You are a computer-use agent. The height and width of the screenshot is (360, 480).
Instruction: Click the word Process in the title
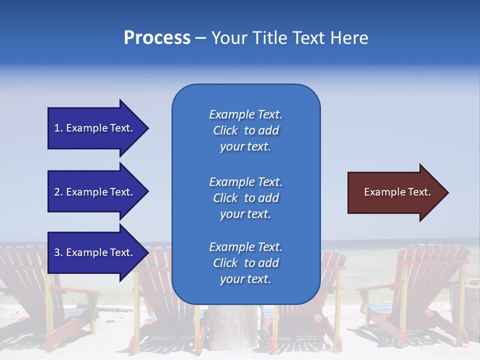tap(157, 38)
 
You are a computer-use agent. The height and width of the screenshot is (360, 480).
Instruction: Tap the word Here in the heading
tap(349, 38)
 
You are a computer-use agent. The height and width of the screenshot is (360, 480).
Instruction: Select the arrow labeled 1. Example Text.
tap(95, 128)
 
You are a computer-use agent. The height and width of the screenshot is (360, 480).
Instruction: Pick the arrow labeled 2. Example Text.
tap(95, 192)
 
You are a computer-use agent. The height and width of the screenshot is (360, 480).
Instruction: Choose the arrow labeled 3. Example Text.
tap(95, 252)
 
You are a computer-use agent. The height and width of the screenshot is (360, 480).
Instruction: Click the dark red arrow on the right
tap(395, 192)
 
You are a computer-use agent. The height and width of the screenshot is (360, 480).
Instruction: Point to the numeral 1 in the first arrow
tap(57, 128)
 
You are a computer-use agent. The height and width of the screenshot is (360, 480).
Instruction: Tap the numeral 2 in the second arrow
tap(57, 192)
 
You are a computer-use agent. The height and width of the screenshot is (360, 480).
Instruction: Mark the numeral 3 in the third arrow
tap(57, 252)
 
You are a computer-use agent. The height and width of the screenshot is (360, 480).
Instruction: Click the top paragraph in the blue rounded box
tap(245, 130)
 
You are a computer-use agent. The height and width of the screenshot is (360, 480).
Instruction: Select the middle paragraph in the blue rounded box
tap(245, 198)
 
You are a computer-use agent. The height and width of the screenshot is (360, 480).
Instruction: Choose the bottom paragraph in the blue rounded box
tap(245, 263)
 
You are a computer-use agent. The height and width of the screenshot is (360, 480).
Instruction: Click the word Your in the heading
tap(228, 38)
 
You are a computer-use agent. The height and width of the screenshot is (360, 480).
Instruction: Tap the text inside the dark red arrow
tap(397, 192)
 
